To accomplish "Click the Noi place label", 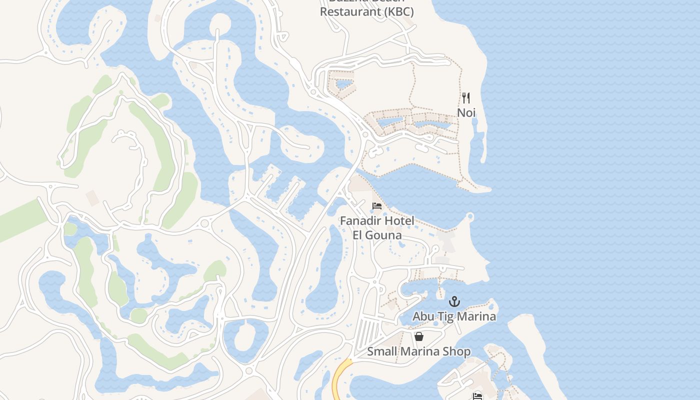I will click(x=466, y=112).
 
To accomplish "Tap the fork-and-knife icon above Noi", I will click(x=466, y=97).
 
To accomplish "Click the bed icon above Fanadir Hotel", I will click(x=377, y=206).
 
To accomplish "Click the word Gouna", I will click(x=384, y=235).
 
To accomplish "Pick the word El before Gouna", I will click(x=359, y=235).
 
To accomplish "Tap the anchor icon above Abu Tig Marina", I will click(x=454, y=301).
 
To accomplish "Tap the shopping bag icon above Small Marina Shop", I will click(x=419, y=336).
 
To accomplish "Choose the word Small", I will click(x=382, y=351).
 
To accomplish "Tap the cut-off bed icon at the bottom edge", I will click(x=477, y=396).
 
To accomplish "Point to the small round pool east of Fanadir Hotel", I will click(x=469, y=216).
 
